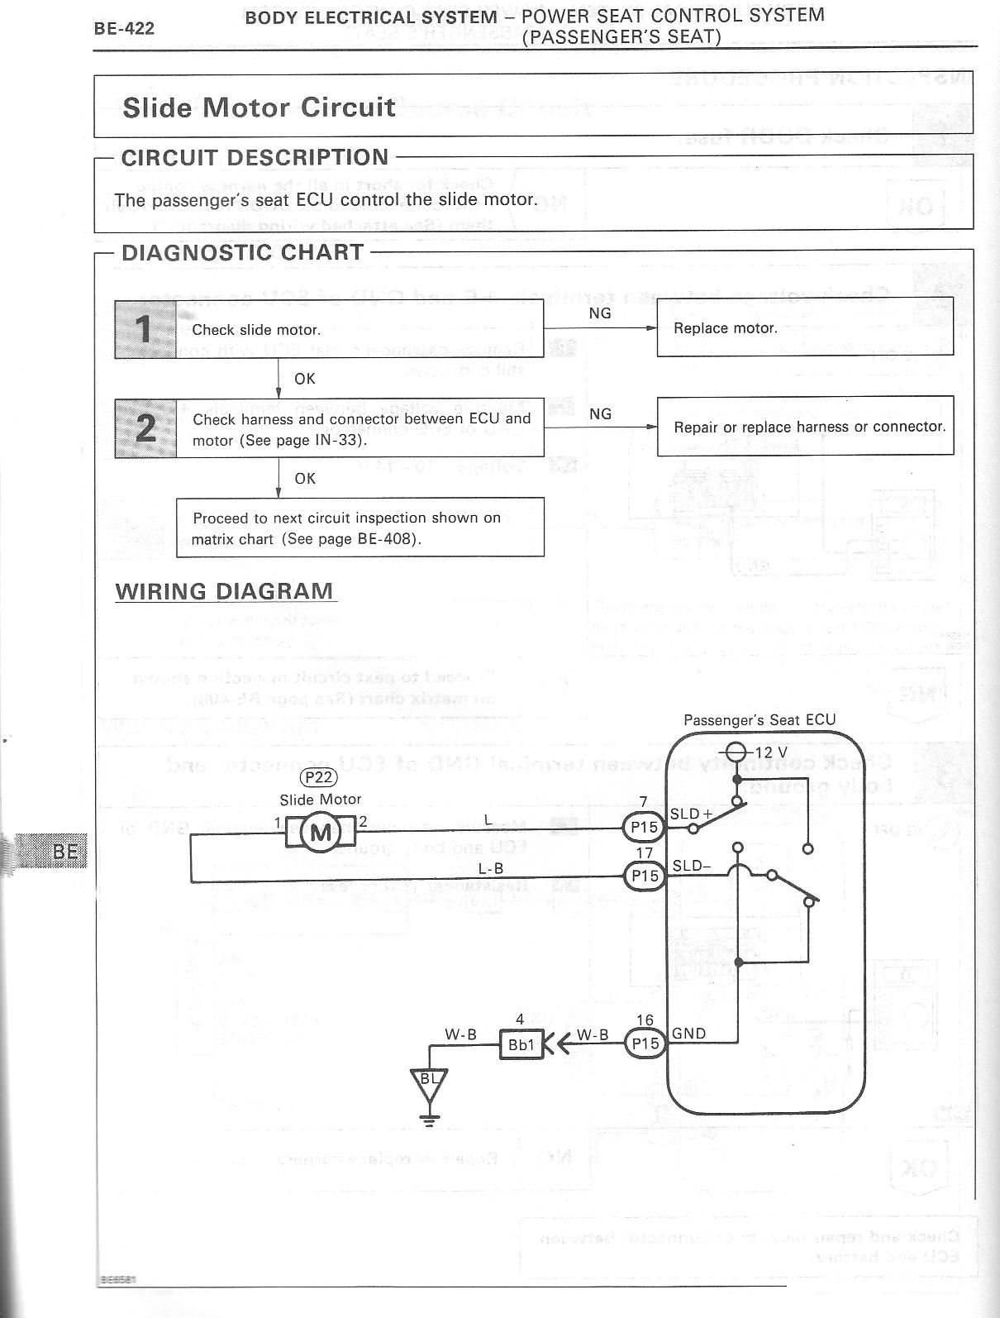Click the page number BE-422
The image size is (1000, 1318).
[x=124, y=30]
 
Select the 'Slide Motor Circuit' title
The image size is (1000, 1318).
[x=259, y=107]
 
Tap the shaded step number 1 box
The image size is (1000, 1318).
[x=145, y=329]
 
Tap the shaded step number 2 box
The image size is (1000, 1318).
[x=145, y=427]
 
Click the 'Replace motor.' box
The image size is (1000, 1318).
[x=804, y=328]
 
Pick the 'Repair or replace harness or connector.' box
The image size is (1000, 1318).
[x=805, y=427]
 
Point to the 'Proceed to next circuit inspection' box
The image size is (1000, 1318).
[x=360, y=528]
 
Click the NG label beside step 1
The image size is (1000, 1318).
[x=600, y=314]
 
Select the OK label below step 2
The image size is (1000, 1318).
[x=305, y=479]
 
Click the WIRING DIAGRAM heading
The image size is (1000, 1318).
[x=225, y=592]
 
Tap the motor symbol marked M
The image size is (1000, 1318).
[x=320, y=833]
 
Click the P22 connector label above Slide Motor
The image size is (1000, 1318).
[x=319, y=776]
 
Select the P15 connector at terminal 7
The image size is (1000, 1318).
[x=645, y=828]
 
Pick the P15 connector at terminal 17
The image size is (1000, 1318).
[x=645, y=876]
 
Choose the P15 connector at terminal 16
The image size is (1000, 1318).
[x=645, y=1043]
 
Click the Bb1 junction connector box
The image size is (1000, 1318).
[x=521, y=1045]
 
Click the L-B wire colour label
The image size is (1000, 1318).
[x=491, y=869]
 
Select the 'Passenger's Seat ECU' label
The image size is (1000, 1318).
[x=760, y=720]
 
